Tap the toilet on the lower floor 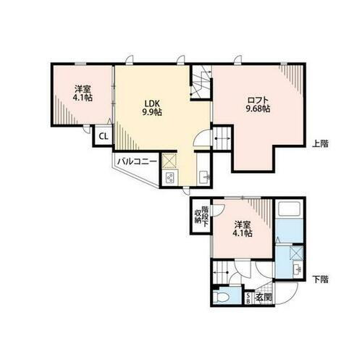[x=223, y=298]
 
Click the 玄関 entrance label [x=265, y=298]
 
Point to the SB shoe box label [x=249, y=298]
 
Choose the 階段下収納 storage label [x=200, y=216]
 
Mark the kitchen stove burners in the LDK [x=171, y=179]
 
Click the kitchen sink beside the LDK [x=203, y=174]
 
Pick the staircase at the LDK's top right [x=201, y=81]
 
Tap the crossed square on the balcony [x=170, y=161]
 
